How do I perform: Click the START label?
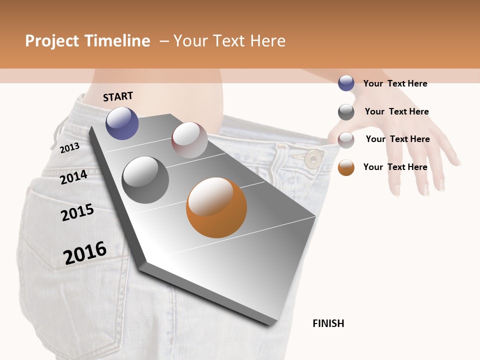tap(118, 96)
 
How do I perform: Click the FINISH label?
tap(328, 323)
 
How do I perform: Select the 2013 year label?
tap(69, 147)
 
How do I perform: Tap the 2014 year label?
tap(73, 176)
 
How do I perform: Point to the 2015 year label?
tap(77, 212)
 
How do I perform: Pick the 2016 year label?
tap(85, 252)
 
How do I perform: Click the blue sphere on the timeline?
tap(122, 123)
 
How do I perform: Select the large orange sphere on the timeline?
tap(216, 207)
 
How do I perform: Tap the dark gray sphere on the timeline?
tap(145, 179)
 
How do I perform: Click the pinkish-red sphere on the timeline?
tap(189, 140)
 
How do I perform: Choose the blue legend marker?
tap(346, 83)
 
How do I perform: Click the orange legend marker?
tap(346, 167)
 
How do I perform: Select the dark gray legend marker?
tap(346, 112)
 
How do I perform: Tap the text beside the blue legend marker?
tap(395, 83)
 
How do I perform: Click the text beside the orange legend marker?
tap(395, 167)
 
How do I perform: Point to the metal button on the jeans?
tap(313, 158)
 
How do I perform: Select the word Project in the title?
tap(51, 41)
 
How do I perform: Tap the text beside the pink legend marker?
tap(397, 139)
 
